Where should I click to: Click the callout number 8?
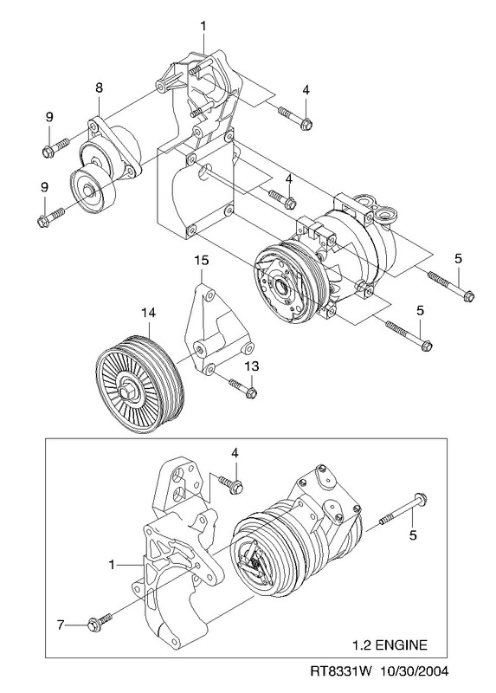pyautogui.click(x=99, y=87)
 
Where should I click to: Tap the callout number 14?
pyautogui.click(x=148, y=313)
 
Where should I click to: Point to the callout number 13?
pyautogui.click(x=252, y=366)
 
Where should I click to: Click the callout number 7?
pyautogui.click(x=61, y=625)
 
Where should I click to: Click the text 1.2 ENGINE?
pyautogui.click(x=390, y=644)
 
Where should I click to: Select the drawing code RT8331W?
pyautogui.click(x=335, y=672)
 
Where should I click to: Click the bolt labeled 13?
pyautogui.click(x=243, y=387)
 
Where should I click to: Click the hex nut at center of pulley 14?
pyautogui.click(x=125, y=392)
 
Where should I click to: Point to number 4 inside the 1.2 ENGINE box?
pyautogui.click(x=235, y=452)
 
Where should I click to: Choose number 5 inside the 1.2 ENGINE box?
pyautogui.click(x=413, y=535)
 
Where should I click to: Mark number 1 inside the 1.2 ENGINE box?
pyautogui.click(x=112, y=565)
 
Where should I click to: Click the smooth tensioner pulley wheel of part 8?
pyautogui.click(x=92, y=191)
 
